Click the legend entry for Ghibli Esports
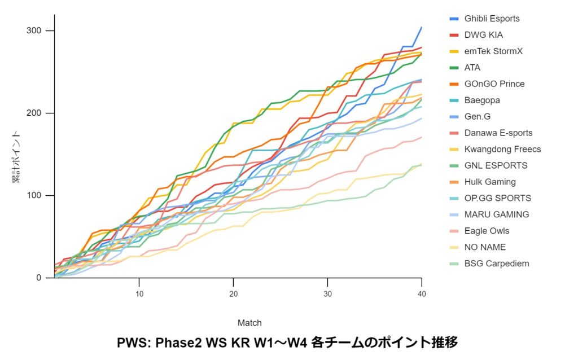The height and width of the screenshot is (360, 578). [x=492, y=19]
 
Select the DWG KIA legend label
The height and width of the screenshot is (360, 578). [x=483, y=35]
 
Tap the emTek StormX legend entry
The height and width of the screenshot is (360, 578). [x=493, y=51]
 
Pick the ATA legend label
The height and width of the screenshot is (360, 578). [x=472, y=68]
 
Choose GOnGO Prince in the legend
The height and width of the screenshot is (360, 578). [x=494, y=84]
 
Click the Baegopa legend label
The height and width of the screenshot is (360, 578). [x=482, y=100]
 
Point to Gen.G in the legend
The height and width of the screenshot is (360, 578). [x=477, y=117]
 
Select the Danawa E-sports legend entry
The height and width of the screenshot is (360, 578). [x=498, y=133]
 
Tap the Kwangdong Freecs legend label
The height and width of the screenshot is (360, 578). [x=502, y=150]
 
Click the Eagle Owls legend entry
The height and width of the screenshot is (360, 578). [x=487, y=231]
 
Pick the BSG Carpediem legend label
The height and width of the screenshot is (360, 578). [x=496, y=264]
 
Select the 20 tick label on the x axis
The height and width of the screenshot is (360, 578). [x=233, y=295]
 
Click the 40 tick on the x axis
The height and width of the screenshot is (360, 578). [x=421, y=295]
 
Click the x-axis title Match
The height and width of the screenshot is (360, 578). [x=249, y=323]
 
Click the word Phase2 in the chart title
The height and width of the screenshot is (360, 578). [x=176, y=342]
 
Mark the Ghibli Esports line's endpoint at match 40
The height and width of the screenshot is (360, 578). [x=421, y=27]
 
